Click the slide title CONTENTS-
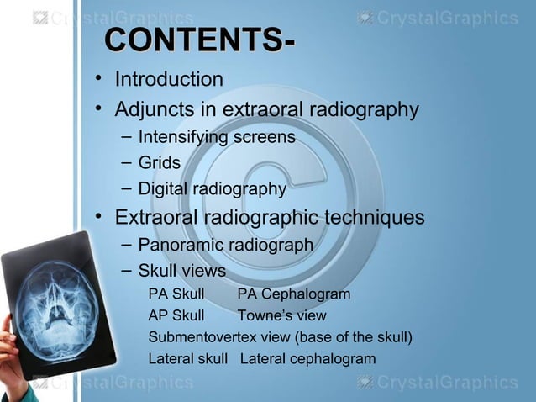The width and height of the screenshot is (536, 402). point(198,41)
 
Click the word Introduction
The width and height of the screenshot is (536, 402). point(169,80)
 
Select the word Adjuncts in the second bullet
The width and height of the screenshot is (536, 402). point(152,109)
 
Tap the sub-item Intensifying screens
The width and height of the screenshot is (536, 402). point(216,136)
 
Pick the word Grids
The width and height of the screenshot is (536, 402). point(159,162)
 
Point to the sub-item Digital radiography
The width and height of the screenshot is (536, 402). point(212,189)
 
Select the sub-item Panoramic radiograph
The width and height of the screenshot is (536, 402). point(225,245)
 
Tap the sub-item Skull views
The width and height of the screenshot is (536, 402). point(181,272)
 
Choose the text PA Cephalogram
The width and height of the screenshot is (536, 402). point(293,294)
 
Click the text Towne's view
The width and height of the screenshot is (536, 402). point(281,316)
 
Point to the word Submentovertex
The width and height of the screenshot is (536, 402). point(205,338)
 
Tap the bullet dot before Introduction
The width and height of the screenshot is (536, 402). point(98,80)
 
